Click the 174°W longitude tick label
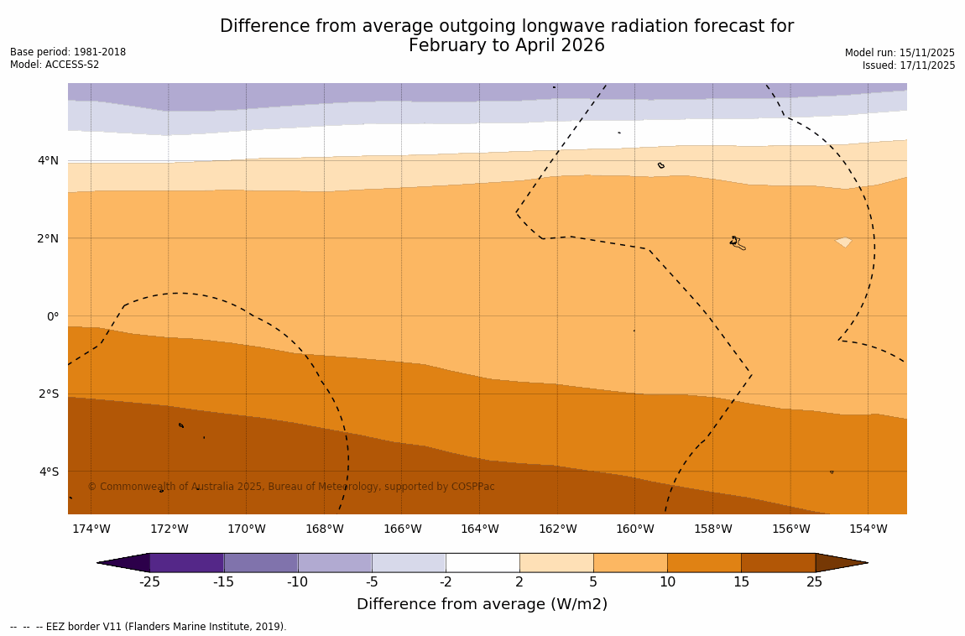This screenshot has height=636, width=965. pyautogui.click(x=91, y=529)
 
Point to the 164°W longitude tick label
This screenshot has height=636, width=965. pyautogui.click(x=479, y=529)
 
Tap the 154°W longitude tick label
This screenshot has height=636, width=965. pyautogui.click(x=868, y=529)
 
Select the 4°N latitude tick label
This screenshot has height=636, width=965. pyautogui.click(x=49, y=160)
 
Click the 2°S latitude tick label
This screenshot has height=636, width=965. pyautogui.click(x=49, y=394)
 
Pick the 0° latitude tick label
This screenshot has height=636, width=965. pyautogui.click(x=53, y=316)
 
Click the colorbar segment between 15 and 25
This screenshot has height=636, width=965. pyautogui.click(x=778, y=563)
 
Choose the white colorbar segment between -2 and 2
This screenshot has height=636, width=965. pyautogui.click(x=482, y=563)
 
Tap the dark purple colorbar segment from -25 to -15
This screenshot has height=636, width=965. pyautogui.click(x=186, y=563)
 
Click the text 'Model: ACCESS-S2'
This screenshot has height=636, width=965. pyautogui.click(x=55, y=65)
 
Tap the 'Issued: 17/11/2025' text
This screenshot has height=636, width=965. pyautogui.click(x=909, y=65)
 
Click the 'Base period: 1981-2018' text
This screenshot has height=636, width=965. pyautogui.click(x=68, y=52)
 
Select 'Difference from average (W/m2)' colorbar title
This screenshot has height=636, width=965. pyautogui.click(x=482, y=604)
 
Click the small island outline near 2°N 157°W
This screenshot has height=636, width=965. pyautogui.click(x=737, y=242)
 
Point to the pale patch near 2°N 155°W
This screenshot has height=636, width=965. pyautogui.click(x=843, y=242)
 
